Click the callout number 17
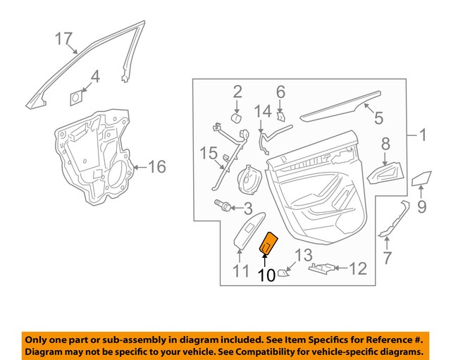[64, 39]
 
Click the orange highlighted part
[270, 244]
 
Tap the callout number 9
[422, 207]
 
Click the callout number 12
[359, 268]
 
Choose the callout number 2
[237, 91]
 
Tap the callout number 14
[262, 111]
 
